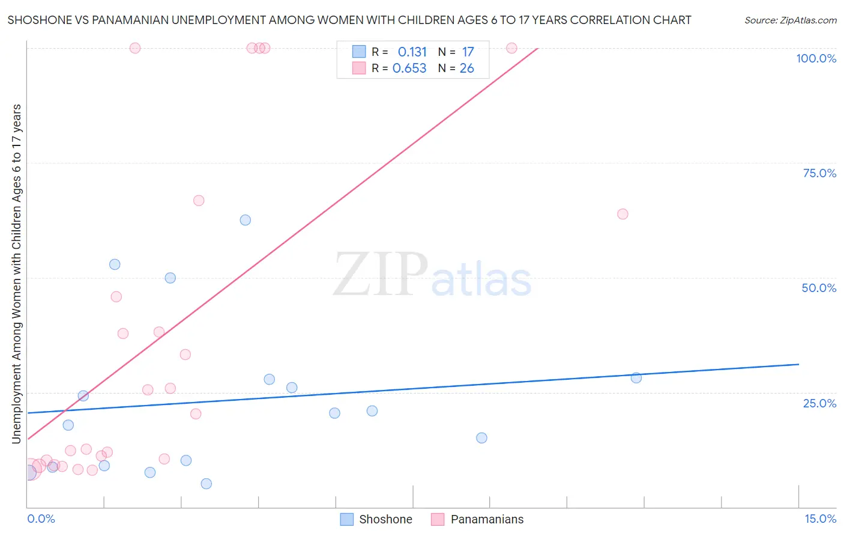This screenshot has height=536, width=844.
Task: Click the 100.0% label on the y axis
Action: [816, 58]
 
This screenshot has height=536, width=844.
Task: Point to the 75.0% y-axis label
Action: [819, 173]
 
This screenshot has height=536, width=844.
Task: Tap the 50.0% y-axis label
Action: [819, 288]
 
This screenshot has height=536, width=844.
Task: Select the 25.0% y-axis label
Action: [819, 403]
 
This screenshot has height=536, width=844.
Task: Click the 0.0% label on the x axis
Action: [41, 519]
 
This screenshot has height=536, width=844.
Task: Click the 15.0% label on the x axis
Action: [820, 519]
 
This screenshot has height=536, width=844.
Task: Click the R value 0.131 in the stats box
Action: [412, 52]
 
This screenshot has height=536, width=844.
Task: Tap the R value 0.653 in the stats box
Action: [409, 69]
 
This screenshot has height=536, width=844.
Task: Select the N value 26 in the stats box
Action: [466, 69]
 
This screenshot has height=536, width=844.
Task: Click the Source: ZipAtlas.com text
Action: [790, 20]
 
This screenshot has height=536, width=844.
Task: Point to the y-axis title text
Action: [16, 274]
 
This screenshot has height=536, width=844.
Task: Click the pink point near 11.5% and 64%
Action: [622, 214]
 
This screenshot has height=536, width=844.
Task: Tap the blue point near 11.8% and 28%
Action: [636, 378]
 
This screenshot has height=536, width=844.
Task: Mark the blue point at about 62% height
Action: [245, 220]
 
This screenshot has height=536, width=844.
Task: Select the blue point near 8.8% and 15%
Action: [481, 438]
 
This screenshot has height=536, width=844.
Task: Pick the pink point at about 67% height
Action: [199, 201]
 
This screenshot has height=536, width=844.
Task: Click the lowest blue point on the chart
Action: [206, 484]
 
